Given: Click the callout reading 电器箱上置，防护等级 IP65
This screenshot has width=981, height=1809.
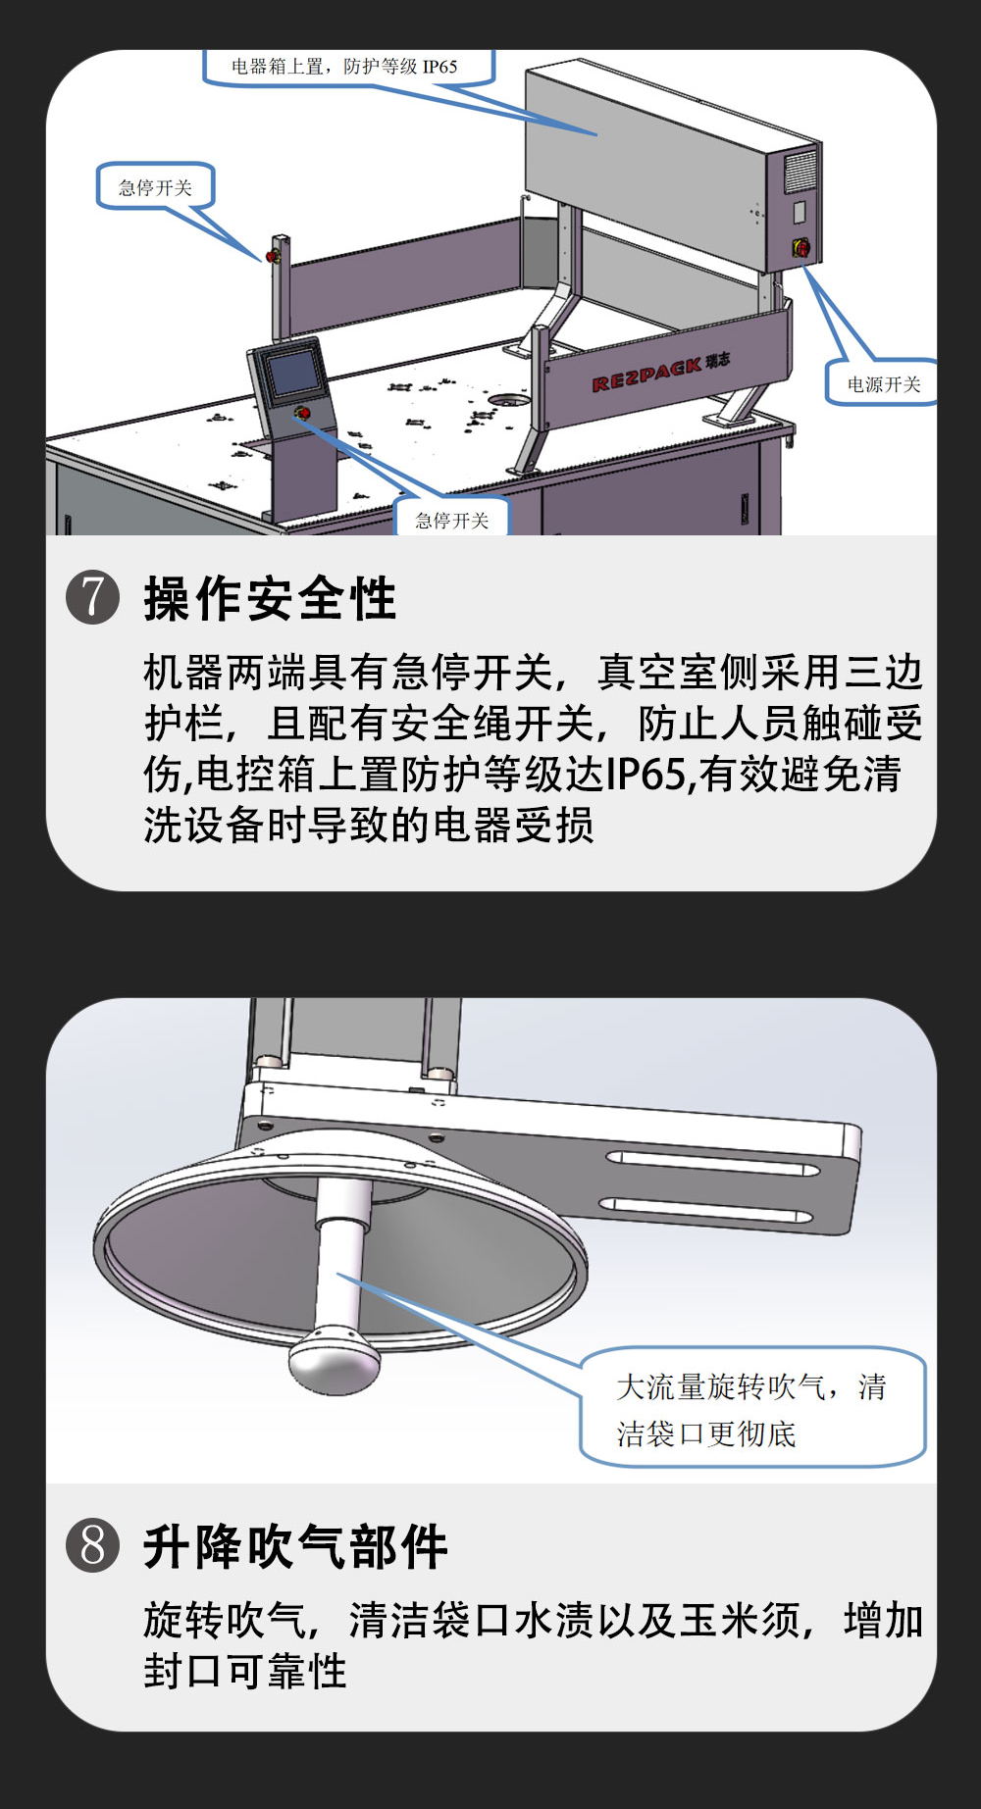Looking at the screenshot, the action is coord(345,67).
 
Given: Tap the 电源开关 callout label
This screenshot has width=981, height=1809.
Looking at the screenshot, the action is coord(883,383).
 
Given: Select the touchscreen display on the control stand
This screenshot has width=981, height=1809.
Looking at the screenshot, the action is coord(294,373).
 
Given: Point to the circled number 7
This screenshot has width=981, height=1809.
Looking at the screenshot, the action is coord(93,597).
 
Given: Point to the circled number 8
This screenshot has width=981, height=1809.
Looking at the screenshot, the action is coord(93,1545).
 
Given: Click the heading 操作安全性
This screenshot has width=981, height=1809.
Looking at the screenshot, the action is coord(270,598).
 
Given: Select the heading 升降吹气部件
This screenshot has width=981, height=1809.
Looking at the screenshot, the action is coord(295,1546).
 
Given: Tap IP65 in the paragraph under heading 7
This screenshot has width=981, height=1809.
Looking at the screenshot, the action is coord(645,775).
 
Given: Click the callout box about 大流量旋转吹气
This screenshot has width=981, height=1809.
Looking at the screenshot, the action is coord(753,1408).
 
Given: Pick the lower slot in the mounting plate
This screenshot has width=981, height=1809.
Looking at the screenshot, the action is coord(706,1210).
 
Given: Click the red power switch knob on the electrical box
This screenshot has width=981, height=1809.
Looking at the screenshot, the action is coord(801,247).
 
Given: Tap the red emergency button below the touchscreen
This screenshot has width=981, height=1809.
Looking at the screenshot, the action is coord(303,413).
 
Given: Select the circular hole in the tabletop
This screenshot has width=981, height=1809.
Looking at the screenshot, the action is coord(508,399).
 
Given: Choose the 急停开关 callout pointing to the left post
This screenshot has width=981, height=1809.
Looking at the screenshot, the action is coord(155,186).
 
